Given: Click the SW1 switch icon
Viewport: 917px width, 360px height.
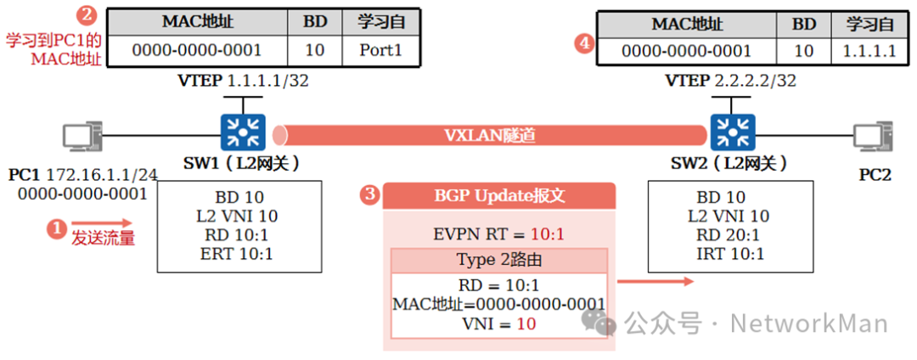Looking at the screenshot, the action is (x=244, y=132).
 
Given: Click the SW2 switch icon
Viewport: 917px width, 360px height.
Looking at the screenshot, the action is (x=730, y=132).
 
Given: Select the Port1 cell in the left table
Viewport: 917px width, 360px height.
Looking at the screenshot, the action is (x=380, y=50).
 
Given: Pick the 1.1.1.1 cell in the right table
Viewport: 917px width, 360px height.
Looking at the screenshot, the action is (x=869, y=51).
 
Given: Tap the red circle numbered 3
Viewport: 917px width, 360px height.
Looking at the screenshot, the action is (x=369, y=195).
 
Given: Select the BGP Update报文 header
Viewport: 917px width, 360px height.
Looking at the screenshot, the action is (x=499, y=196).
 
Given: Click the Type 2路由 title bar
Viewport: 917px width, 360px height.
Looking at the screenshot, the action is (x=499, y=261).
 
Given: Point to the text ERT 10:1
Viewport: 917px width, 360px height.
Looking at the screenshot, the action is (x=239, y=254).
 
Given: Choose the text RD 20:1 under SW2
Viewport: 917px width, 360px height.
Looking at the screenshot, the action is (x=730, y=235).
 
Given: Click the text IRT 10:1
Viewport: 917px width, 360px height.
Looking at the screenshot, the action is (x=730, y=254).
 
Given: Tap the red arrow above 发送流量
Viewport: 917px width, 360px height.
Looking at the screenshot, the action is (x=101, y=222).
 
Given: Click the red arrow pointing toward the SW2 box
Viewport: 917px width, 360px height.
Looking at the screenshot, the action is (x=655, y=282).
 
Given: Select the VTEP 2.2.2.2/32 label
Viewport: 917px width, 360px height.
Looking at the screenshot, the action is (x=730, y=82).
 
